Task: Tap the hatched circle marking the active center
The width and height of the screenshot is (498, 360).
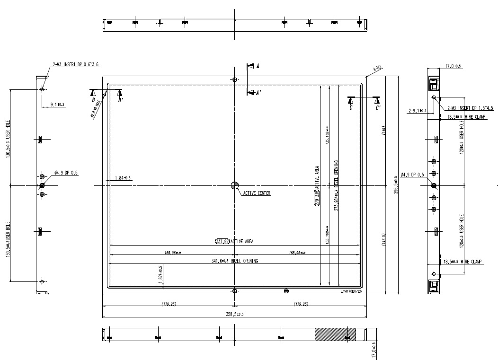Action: coord(235,185)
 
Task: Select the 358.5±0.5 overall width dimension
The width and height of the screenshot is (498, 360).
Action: coord(235,314)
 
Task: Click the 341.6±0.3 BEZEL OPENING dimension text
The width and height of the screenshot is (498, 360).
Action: coord(235,261)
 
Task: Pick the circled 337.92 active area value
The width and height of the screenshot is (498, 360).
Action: coord(222,241)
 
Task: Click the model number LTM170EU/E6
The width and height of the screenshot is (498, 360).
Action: coord(351,292)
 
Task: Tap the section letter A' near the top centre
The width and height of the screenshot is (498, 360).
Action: coord(258,93)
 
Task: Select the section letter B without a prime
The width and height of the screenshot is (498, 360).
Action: coord(94,100)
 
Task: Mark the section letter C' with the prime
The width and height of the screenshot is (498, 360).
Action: coord(378,108)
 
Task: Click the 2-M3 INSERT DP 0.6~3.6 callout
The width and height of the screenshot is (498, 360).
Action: coord(76,64)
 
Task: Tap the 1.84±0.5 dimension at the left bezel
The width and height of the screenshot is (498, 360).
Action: coord(123,178)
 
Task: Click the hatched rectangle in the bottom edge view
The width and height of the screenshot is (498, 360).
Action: coord(336,334)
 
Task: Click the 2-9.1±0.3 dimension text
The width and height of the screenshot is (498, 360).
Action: coord(418,111)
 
